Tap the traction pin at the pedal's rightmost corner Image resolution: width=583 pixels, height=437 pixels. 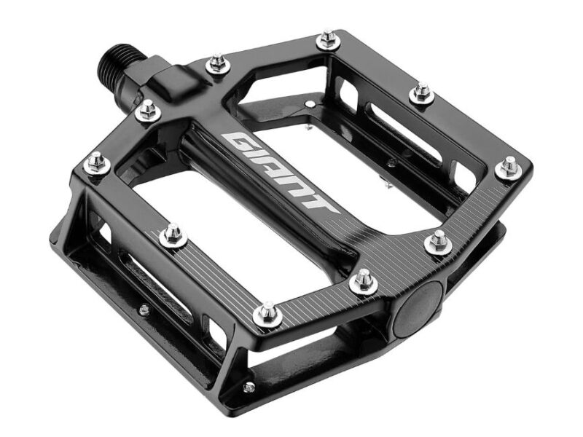pyautogui.click(x=508, y=168)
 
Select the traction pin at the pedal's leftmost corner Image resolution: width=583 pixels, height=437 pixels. pyautogui.click(x=95, y=163)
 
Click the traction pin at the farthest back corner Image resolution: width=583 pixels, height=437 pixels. pyautogui.click(x=327, y=39)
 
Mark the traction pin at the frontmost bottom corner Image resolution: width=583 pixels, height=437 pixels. pyautogui.click(x=268, y=313)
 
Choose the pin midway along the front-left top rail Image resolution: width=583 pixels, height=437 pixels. pyautogui.click(x=173, y=234)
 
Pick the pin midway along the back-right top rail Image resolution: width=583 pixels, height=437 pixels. pyautogui.click(x=421, y=92)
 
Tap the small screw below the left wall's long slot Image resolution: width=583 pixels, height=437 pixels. pyautogui.click(x=144, y=310)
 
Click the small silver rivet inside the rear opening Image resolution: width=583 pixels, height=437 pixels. pyautogui.click(x=313, y=106)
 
